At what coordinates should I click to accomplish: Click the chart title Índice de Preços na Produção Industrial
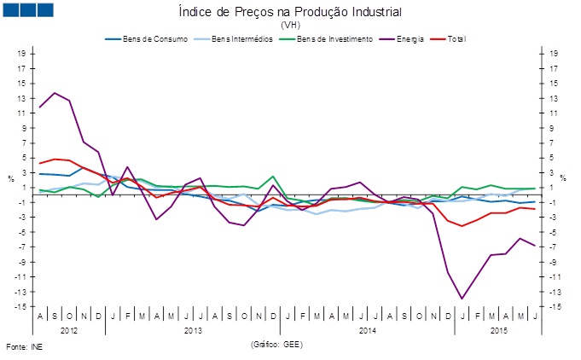coord(289,12)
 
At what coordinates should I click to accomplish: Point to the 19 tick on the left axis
coord(21,53)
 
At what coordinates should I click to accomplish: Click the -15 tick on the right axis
coord(554,306)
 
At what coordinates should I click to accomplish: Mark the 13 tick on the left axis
coord(21,97)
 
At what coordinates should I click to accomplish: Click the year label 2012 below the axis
coord(70,329)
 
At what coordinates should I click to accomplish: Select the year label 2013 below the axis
coord(193,329)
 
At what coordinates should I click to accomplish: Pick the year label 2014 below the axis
coord(367,329)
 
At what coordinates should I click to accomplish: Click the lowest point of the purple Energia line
coord(462,299)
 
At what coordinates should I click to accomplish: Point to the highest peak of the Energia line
coord(55,93)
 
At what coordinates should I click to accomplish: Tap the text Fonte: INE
coord(24,348)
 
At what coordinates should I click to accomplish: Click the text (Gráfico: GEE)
coord(277,343)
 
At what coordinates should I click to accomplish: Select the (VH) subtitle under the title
coord(290,26)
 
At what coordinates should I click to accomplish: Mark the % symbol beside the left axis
coord(10,177)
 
